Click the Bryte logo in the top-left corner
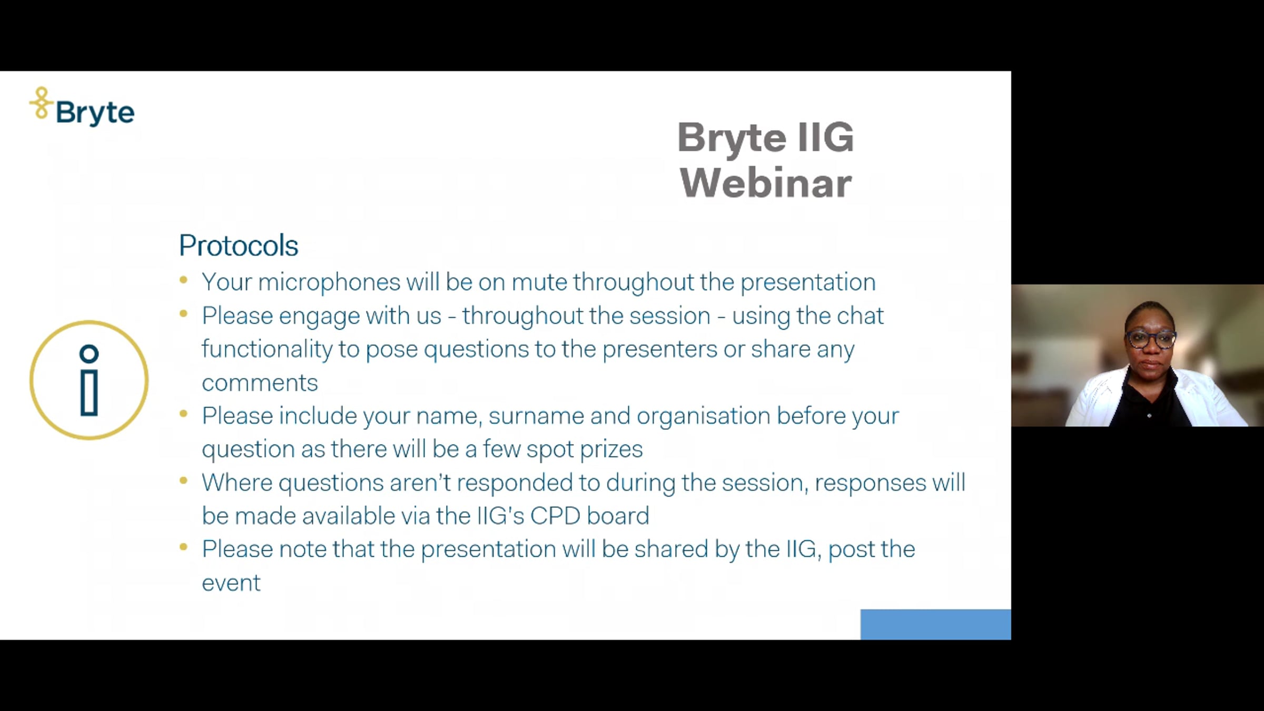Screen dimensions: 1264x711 (x=82, y=107)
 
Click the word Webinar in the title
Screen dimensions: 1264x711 (x=766, y=183)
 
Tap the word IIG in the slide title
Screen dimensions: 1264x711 (x=825, y=137)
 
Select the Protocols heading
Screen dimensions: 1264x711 (x=239, y=245)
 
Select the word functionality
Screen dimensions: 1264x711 (x=267, y=349)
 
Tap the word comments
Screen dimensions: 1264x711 (x=260, y=383)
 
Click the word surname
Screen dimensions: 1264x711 (x=536, y=416)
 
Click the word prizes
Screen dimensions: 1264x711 (x=611, y=450)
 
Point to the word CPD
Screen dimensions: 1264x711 (x=555, y=516)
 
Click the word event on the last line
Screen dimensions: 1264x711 (x=231, y=583)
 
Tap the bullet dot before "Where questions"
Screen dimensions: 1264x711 (x=184, y=480)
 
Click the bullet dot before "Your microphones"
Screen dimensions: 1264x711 (x=184, y=280)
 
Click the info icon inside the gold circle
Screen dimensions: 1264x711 (x=89, y=380)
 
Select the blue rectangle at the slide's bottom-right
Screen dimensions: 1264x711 (x=936, y=625)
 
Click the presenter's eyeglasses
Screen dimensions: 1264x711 (x=1150, y=339)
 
